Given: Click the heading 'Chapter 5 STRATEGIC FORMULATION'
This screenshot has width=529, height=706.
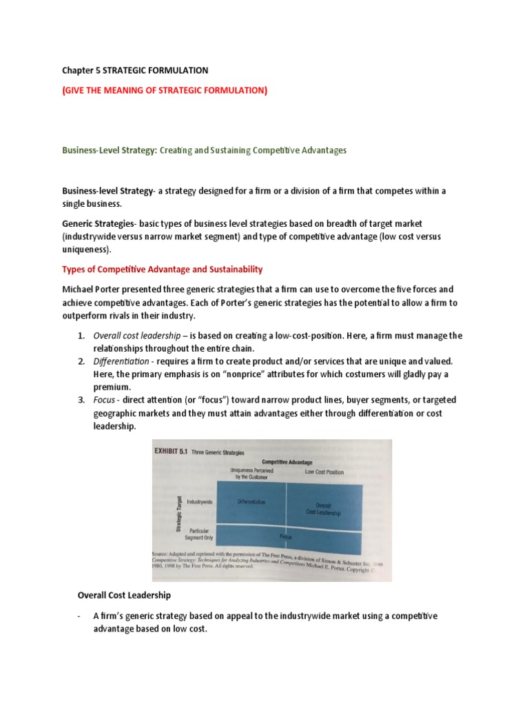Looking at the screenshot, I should (135, 70).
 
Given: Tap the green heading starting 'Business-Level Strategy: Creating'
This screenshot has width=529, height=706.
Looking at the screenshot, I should (205, 150).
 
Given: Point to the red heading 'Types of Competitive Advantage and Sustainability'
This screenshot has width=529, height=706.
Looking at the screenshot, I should (163, 269).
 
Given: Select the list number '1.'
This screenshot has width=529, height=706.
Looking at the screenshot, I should (81, 336).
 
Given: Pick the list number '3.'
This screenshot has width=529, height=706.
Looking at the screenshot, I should (81, 400).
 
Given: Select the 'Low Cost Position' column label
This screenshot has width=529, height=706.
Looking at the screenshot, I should (324, 472).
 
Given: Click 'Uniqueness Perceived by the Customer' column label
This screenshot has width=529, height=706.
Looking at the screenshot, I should (251, 473).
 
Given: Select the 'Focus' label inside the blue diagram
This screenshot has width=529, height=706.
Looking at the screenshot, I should (285, 535).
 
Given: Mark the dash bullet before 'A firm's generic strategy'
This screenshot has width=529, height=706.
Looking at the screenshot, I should (81, 616).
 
